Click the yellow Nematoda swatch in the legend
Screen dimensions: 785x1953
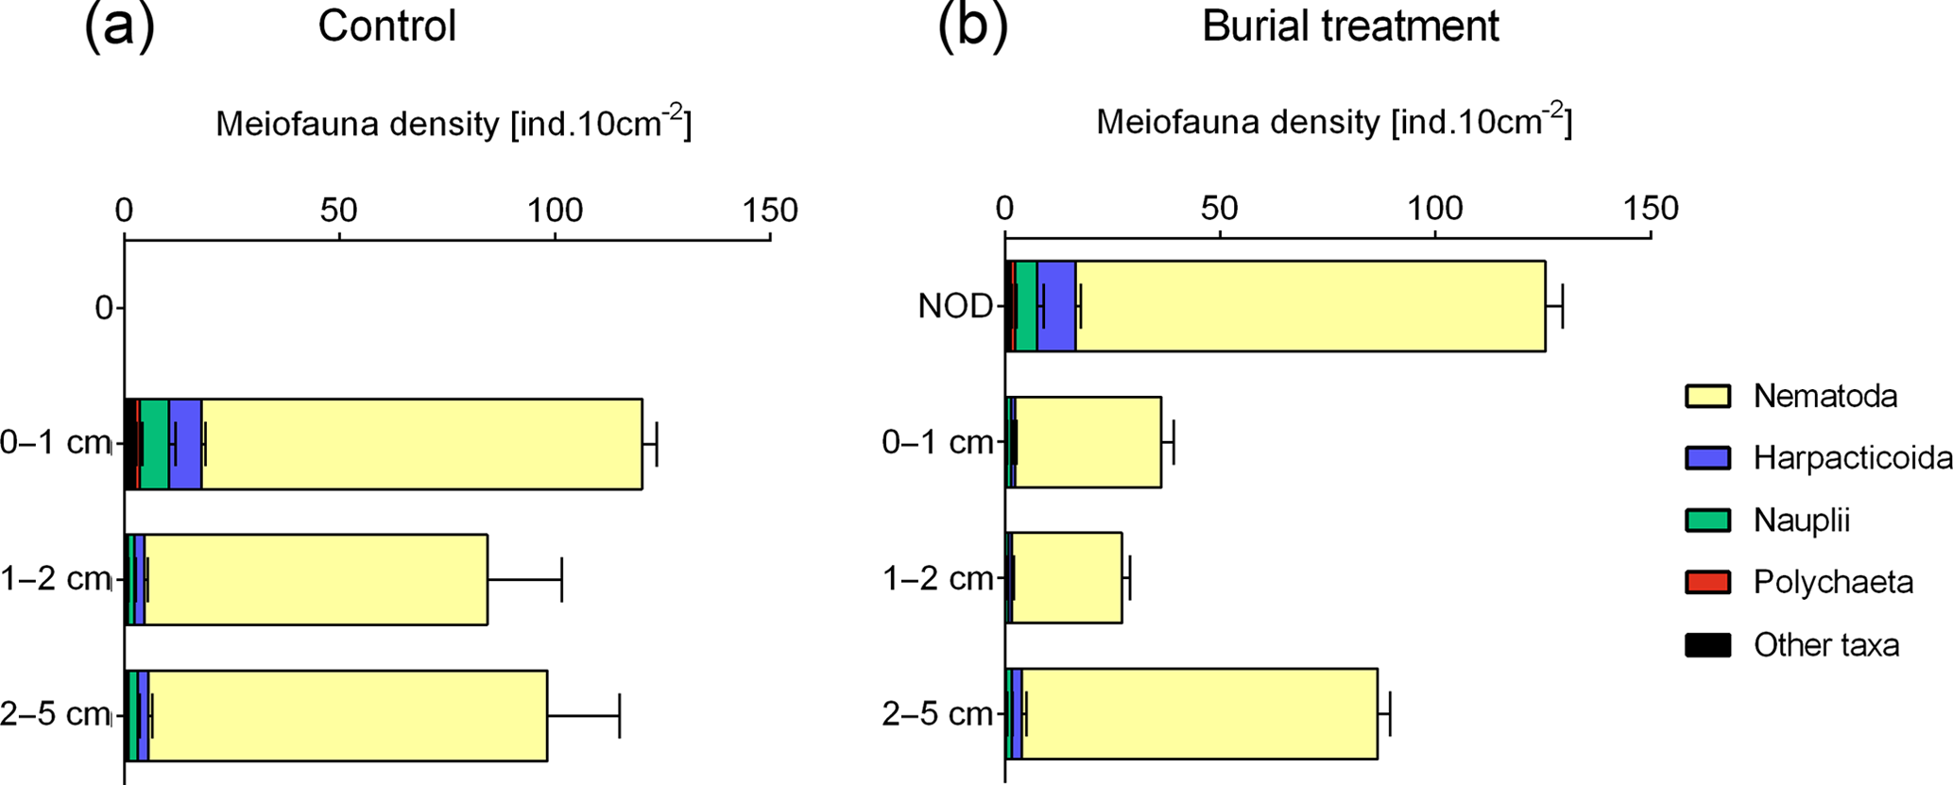click(x=1707, y=396)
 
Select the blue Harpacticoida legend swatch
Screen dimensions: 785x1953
click(x=1707, y=458)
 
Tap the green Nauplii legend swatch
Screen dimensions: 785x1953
click(x=1707, y=520)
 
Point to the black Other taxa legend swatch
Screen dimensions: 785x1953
click(x=1707, y=645)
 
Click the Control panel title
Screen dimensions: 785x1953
click(x=386, y=26)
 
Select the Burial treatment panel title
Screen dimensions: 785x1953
click(x=1349, y=26)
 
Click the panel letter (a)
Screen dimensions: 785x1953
click(x=119, y=26)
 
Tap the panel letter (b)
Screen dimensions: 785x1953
click(x=972, y=26)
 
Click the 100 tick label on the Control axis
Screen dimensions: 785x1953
click(x=555, y=210)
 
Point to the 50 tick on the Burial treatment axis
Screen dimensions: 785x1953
click(x=1220, y=208)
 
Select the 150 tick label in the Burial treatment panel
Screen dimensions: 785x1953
click(x=1650, y=208)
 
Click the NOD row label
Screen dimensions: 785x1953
click(x=955, y=307)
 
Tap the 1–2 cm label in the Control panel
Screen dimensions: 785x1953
click(x=55, y=579)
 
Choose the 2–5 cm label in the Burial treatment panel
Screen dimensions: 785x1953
click(x=937, y=714)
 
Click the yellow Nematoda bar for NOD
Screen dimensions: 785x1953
click(x=1310, y=306)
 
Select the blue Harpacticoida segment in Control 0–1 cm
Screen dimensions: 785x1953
click(x=185, y=444)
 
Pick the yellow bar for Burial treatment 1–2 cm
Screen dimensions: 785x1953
click(x=1067, y=578)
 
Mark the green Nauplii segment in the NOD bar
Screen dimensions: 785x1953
click(x=1025, y=306)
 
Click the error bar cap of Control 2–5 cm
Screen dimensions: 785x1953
click(x=619, y=716)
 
